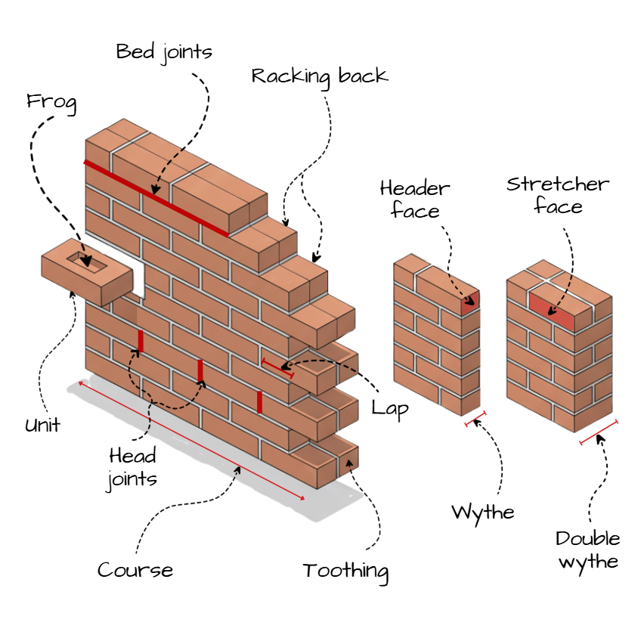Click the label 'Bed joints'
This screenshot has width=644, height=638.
(x=164, y=51)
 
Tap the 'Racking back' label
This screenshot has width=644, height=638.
(x=319, y=76)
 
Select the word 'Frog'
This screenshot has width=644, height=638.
(x=51, y=101)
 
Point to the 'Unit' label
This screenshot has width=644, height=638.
(x=42, y=425)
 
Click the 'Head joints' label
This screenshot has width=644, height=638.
(x=132, y=467)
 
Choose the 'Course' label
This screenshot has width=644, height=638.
(x=135, y=570)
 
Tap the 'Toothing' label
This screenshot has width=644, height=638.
(x=345, y=571)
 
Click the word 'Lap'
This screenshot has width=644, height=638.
(x=390, y=409)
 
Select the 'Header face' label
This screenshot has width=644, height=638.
(x=415, y=198)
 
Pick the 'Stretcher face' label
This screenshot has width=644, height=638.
(x=558, y=194)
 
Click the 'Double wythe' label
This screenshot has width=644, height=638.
(x=588, y=550)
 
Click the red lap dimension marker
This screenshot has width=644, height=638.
(x=277, y=368)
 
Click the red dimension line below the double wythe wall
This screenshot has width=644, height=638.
(x=599, y=432)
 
